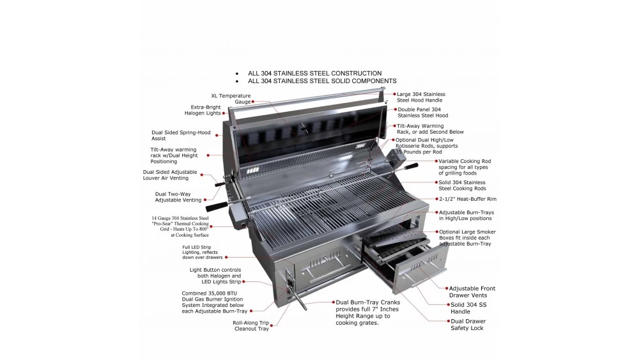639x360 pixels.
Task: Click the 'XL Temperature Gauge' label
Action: (231, 98)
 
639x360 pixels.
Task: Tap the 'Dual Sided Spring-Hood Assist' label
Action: (181, 136)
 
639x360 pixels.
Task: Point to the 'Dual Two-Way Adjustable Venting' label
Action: (178, 197)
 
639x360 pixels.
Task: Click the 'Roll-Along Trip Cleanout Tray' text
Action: (250, 325)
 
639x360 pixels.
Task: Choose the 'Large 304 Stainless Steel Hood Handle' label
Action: (421, 97)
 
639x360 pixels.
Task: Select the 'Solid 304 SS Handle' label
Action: (469, 308)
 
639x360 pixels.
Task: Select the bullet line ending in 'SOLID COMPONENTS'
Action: (322, 81)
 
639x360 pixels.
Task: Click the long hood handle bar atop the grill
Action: (307, 102)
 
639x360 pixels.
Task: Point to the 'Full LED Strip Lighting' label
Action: (203, 252)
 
